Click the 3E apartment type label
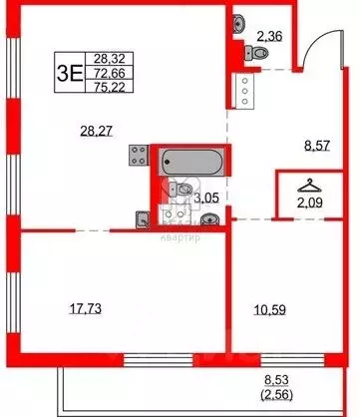pyautogui.click(x=68, y=73)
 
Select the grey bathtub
pyautogui.click(x=191, y=159)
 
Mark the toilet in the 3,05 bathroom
pyautogui.click(x=184, y=189)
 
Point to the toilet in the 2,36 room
pyautogui.click(x=243, y=52)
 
